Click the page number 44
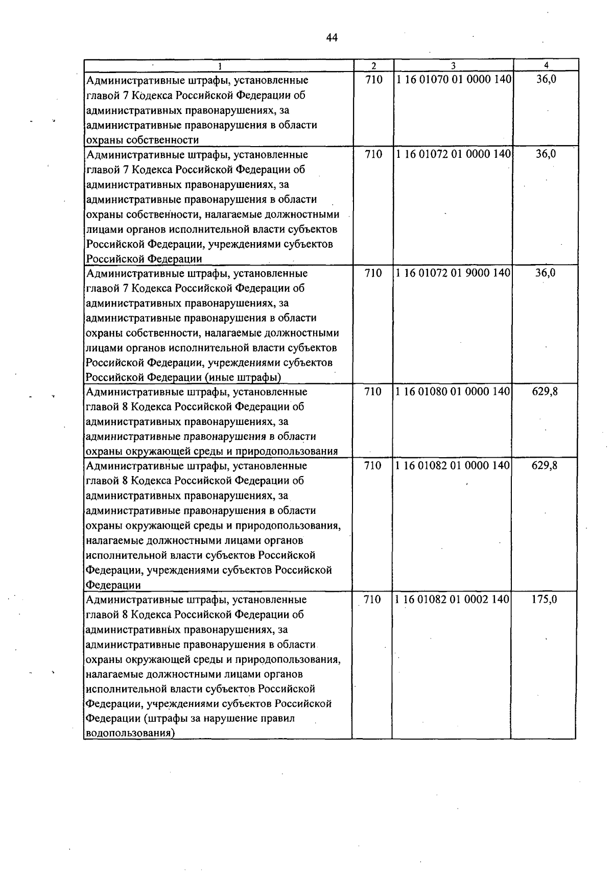coord(331,38)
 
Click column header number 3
coord(453,65)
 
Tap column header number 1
coord(220,65)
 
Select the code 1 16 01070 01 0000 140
coord(454,80)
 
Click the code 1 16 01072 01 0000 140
coord(453,154)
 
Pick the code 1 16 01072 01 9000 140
coord(453,273)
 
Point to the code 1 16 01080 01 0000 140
coord(453,392)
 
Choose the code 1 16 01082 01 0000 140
coord(453,466)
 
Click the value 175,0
coord(544,600)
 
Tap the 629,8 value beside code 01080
coord(545,392)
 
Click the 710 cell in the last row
coord(372,600)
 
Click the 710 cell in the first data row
coord(374,80)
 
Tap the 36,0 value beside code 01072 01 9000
coord(545,273)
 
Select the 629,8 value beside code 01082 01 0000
coord(545,466)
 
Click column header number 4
coord(546,65)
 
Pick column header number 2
coord(374,65)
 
